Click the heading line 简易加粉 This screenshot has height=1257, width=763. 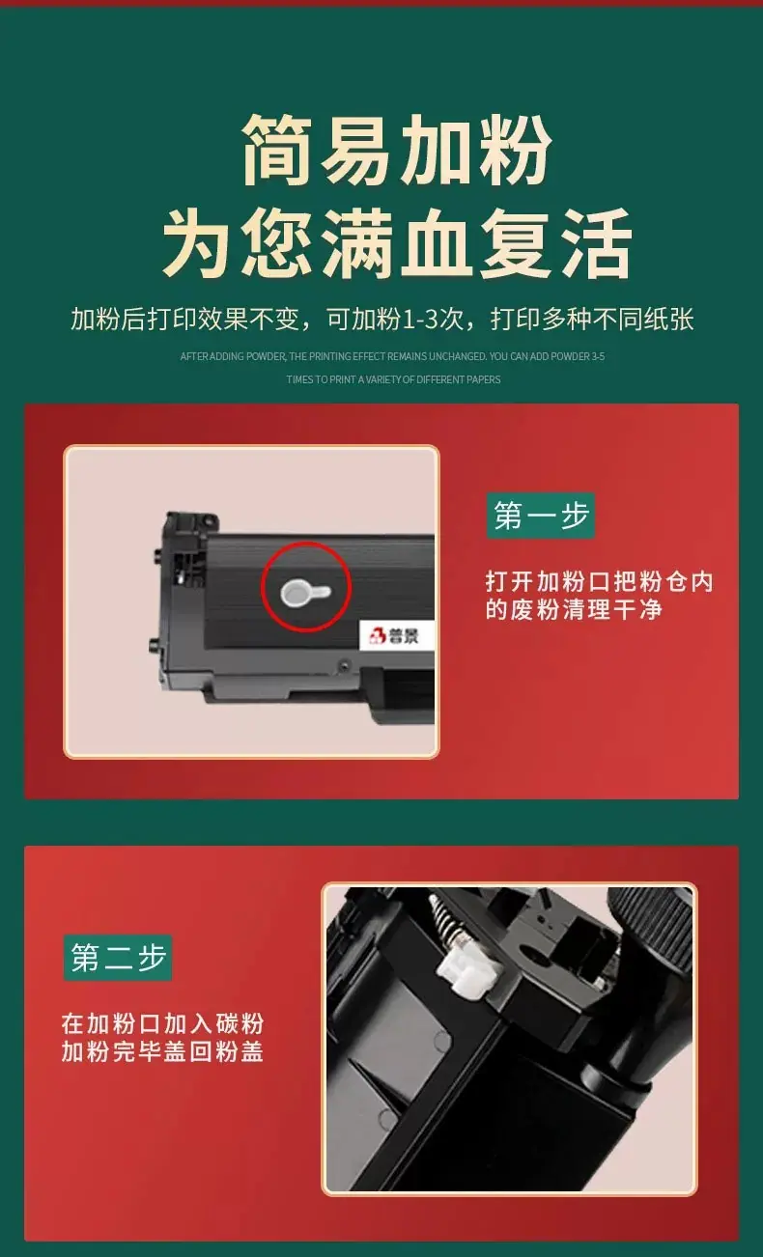coord(396,150)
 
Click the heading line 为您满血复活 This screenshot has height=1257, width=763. coord(398,243)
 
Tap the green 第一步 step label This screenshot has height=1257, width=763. coord(541,516)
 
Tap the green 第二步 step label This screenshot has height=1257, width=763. coord(117,958)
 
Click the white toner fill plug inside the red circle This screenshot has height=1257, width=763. coord(305,593)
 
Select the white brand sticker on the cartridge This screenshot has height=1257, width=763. coord(396,635)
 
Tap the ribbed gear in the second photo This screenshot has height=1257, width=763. coord(655,926)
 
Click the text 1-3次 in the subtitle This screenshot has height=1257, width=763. coord(433,319)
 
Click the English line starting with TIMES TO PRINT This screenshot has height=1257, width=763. coord(393,380)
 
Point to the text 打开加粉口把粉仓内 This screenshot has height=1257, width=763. coord(599,581)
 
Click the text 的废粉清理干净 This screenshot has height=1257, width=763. coord(574,609)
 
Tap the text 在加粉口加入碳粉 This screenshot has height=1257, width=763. coord(163,1023)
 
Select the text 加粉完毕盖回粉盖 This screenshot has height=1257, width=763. coord(163,1051)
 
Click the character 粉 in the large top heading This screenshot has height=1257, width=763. coord(515,150)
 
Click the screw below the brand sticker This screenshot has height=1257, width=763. coord(344,665)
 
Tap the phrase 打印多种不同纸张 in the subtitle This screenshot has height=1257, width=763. coord(592,319)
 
